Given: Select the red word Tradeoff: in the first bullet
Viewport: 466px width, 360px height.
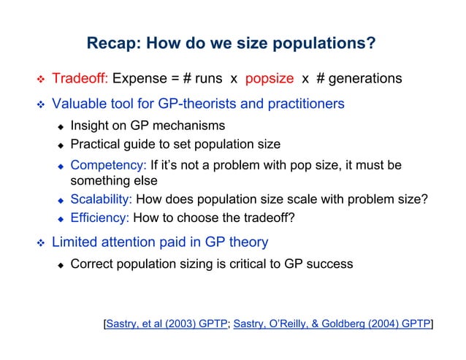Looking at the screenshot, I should [80, 78].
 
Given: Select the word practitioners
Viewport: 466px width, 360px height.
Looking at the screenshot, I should [303, 104].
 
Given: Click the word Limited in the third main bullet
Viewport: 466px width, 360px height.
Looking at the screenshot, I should [75, 241].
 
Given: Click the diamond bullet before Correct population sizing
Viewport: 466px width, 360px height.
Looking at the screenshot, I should [61, 264].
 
